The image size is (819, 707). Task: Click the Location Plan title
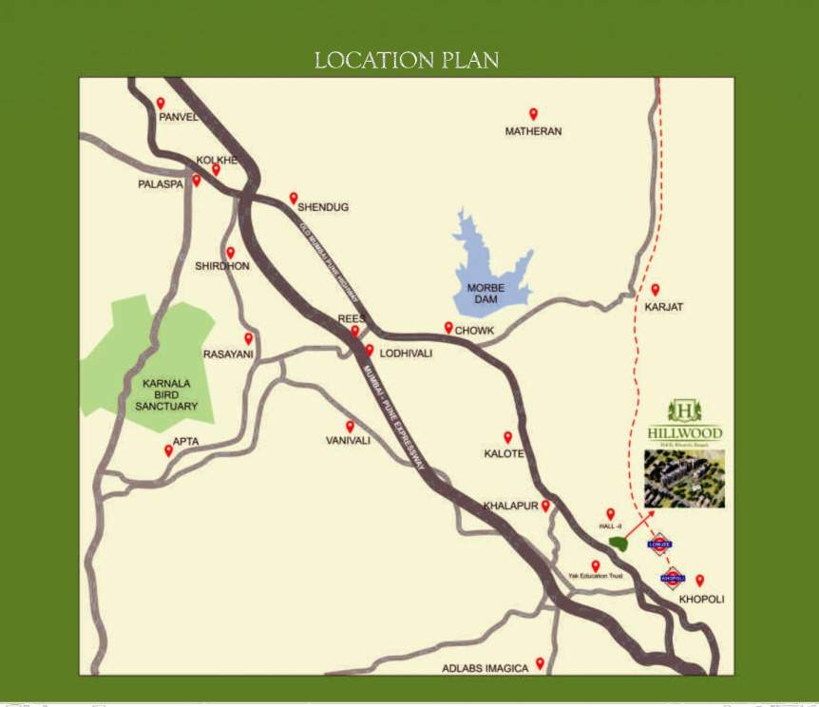click(x=407, y=60)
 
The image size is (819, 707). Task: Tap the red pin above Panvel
click(x=161, y=103)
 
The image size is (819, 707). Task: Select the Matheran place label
click(x=533, y=132)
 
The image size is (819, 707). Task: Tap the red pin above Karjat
click(x=655, y=290)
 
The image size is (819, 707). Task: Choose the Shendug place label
click(x=324, y=206)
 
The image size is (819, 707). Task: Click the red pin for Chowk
click(x=448, y=327)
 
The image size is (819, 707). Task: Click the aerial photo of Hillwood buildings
click(x=684, y=478)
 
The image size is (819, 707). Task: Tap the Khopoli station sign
click(x=673, y=576)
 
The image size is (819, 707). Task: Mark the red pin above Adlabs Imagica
click(x=540, y=662)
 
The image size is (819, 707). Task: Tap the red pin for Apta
click(x=169, y=450)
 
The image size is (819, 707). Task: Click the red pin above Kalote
click(x=507, y=437)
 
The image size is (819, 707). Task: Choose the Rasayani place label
click(x=228, y=354)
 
